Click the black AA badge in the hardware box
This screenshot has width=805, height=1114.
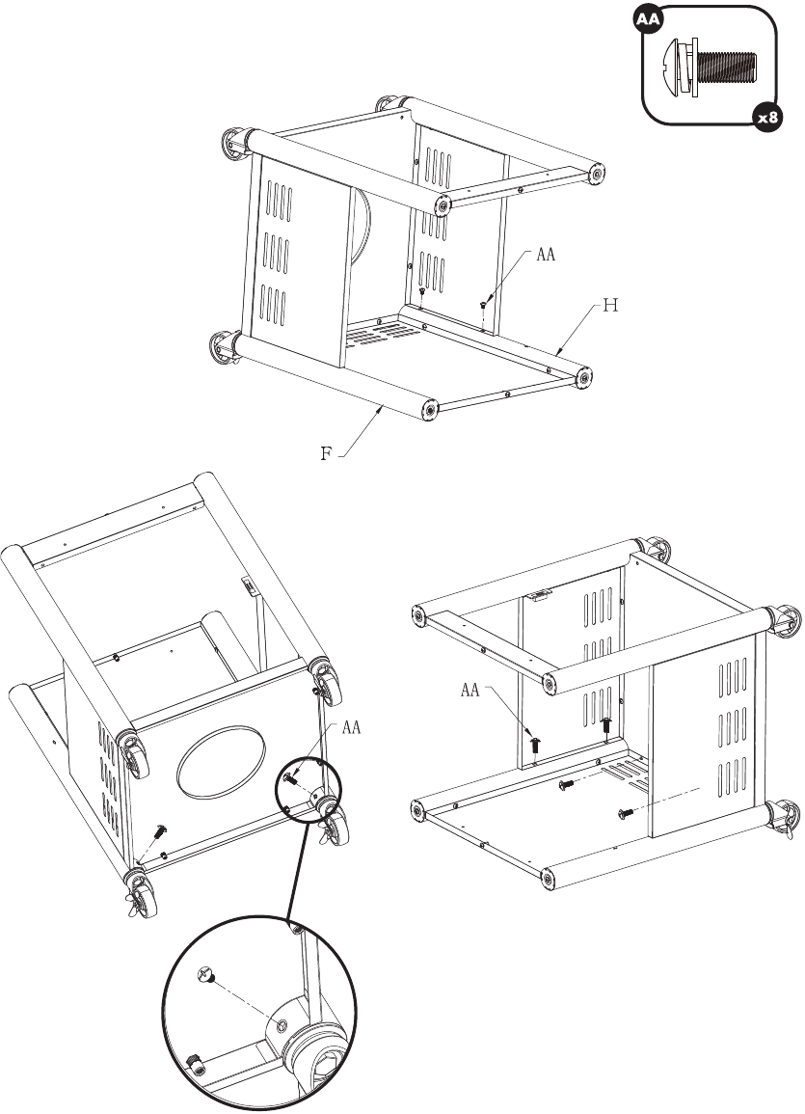648,19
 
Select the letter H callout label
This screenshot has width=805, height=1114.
610,306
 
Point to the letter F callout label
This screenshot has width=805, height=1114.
326,453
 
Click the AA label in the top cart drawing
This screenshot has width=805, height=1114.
546,255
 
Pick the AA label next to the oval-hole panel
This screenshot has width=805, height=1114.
351,727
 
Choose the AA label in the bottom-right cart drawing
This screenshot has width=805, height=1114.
470,690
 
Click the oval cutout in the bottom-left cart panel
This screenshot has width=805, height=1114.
222,762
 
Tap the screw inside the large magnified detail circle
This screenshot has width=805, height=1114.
205,975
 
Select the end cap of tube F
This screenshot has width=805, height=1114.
429,410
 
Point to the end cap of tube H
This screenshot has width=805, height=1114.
583,377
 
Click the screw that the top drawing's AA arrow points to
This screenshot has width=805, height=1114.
483,305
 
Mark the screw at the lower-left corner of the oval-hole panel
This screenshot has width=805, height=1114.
160,829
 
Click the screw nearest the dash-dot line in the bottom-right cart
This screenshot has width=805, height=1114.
626,813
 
